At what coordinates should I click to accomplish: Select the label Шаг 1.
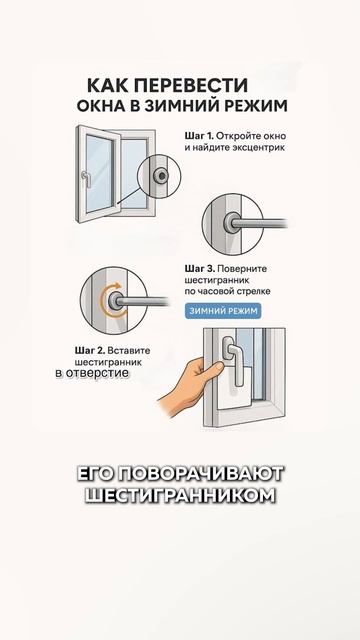pos(199,136)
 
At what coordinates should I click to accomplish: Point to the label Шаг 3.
pos(200,269)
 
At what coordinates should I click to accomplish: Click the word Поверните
pos(242,269)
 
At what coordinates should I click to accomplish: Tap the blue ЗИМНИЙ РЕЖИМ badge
pos(223,311)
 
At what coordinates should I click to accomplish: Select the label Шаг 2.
pos(90,350)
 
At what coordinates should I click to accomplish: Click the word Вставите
pos(129,350)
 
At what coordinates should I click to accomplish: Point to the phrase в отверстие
pos(92,373)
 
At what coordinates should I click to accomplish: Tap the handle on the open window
pos(86,179)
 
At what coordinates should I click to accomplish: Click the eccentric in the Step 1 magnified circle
pos(160,176)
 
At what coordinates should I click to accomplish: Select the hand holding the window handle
pos(188,385)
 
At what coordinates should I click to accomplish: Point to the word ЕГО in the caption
pos(95,473)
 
